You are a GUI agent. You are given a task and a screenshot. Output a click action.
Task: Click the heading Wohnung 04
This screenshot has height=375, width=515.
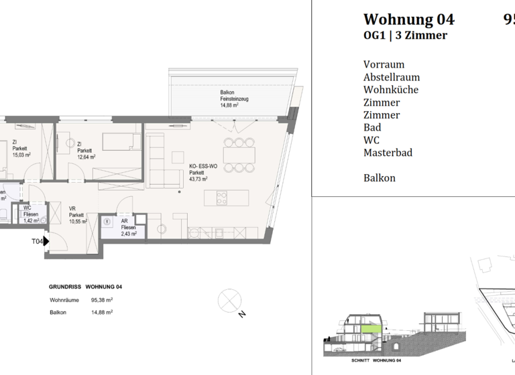(408, 19)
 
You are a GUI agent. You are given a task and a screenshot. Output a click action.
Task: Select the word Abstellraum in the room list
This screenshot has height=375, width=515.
(392, 77)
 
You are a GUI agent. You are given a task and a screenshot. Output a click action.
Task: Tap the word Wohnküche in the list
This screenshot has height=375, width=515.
(391, 90)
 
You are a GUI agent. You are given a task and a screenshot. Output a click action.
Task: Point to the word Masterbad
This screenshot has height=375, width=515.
(388, 153)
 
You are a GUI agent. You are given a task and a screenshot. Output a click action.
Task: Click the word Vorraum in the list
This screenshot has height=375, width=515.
(384, 64)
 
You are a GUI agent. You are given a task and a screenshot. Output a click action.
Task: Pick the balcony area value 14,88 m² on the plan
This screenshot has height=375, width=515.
(230, 105)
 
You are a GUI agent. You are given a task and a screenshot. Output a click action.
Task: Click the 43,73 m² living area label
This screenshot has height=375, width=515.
(198, 179)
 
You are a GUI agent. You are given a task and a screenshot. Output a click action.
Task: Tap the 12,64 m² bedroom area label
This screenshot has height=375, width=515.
(86, 157)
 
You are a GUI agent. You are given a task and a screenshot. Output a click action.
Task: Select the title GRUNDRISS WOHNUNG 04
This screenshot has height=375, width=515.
(85, 287)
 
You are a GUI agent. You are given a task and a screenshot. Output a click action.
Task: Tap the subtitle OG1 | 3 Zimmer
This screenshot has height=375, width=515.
(405, 35)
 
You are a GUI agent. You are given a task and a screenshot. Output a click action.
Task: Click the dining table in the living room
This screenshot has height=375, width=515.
(239, 154)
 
